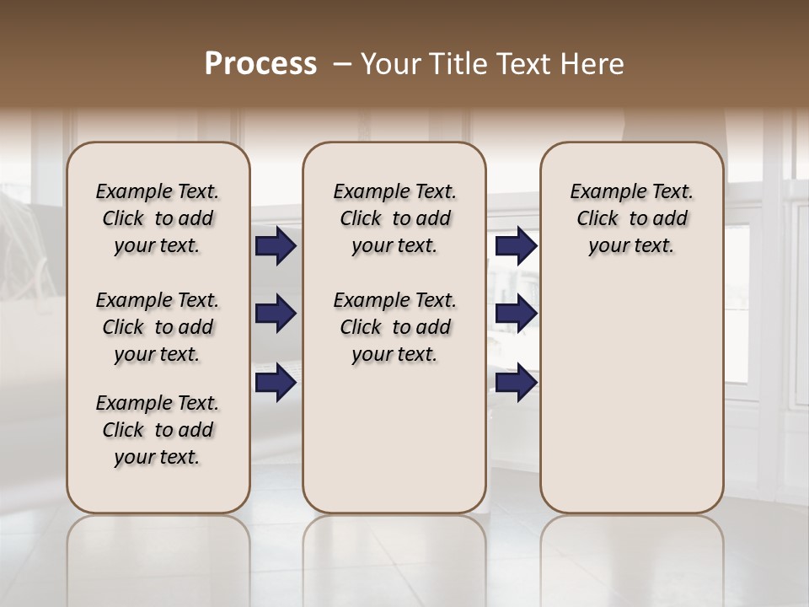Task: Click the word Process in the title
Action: point(260,64)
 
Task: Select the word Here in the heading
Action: point(593,64)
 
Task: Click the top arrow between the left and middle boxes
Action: point(276,246)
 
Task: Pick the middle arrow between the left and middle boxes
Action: point(276,314)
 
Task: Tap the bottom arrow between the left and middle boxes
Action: point(276,382)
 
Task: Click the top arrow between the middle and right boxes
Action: point(516,246)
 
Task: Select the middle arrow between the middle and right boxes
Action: point(516,314)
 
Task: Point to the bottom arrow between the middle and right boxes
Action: point(516,382)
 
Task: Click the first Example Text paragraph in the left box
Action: point(158,218)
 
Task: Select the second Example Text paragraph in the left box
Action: point(158,327)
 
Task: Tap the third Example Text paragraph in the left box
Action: point(158,430)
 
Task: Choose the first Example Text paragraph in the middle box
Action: point(394,218)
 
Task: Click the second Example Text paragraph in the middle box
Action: point(394,327)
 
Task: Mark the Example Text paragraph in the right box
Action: point(632,218)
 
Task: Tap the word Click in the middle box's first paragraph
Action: point(361,219)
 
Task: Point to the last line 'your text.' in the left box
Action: point(158,457)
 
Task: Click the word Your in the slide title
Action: point(391,64)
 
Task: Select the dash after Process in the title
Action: point(342,64)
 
